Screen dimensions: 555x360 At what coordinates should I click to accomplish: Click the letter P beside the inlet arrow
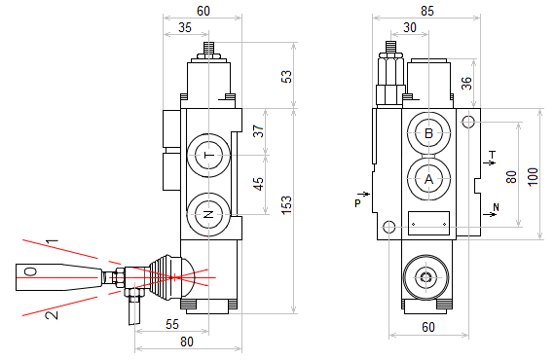pyautogui.click(x=358, y=203)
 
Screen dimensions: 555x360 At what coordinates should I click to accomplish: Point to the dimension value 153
pyautogui.click(x=286, y=204)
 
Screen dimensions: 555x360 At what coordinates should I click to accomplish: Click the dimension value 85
pyautogui.click(x=427, y=11)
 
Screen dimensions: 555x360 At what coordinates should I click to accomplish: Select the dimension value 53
pyautogui.click(x=286, y=77)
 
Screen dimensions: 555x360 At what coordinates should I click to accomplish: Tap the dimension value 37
pyautogui.click(x=259, y=131)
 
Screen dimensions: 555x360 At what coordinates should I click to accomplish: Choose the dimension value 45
pyautogui.click(x=259, y=184)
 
